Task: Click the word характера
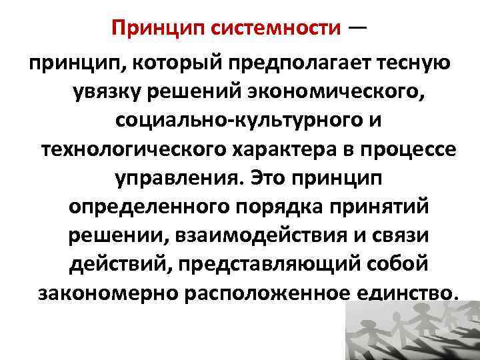coord(277,152)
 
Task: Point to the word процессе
coord(408,152)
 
